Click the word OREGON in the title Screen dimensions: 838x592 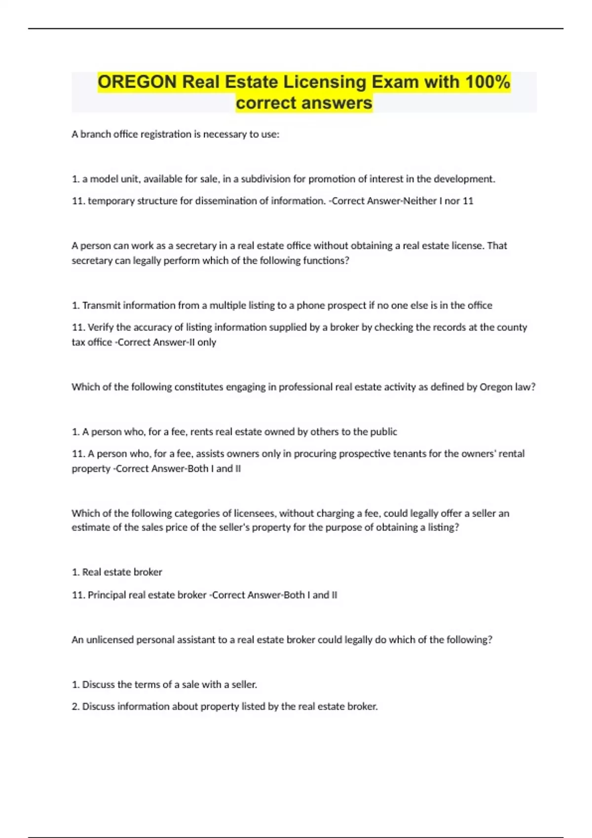[137, 82]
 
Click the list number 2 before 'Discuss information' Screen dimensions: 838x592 [75, 707]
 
